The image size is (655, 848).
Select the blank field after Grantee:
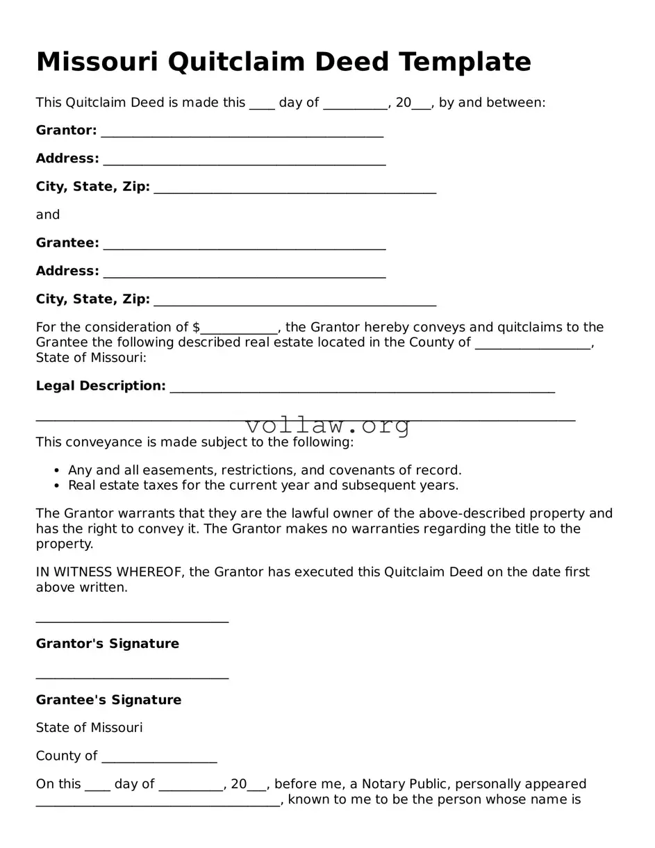[x=244, y=244]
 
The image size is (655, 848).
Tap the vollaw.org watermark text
[x=328, y=425]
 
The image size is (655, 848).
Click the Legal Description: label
[x=101, y=386]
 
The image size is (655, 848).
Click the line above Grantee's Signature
[x=132, y=677]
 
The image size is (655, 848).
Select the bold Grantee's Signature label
[x=108, y=700]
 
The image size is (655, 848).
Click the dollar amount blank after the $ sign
[x=239, y=329]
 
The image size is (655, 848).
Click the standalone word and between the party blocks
[x=48, y=215]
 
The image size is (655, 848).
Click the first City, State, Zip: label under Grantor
[x=92, y=187]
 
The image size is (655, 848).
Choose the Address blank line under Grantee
[x=244, y=273]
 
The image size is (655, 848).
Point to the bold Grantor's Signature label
[x=107, y=644]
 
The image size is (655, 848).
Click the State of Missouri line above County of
[x=89, y=728]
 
